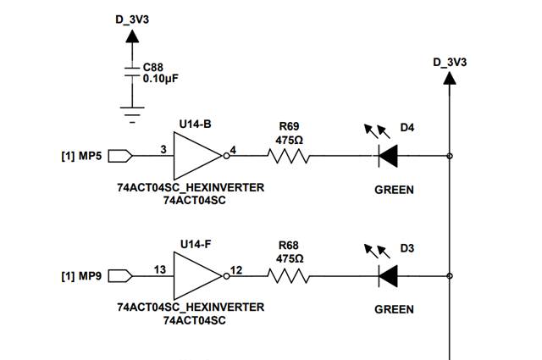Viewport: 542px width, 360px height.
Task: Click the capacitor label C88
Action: coord(152,67)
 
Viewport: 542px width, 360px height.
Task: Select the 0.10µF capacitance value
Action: coord(161,79)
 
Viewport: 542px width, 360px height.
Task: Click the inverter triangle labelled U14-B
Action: coord(197,156)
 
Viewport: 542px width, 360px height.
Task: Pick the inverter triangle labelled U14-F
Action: coord(197,276)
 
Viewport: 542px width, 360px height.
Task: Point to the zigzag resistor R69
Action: coord(289,156)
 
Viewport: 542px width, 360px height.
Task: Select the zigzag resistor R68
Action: coord(289,276)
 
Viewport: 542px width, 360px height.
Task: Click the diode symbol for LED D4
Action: coord(388,156)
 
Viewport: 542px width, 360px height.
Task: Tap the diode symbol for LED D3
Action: coord(388,276)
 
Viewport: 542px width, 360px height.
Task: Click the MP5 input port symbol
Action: coord(120,156)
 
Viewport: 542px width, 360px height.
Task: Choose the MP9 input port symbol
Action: coord(120,276)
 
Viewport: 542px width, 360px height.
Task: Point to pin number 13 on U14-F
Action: coord(160,269)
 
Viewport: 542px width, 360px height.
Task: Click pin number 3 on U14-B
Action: coord(163,149)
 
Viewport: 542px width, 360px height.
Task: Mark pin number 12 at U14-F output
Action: coord(236,270)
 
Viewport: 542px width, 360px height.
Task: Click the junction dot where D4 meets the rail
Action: coord(450,156)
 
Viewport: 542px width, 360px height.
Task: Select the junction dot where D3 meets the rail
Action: coord(450,276)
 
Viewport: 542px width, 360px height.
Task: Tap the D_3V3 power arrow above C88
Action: coord(132,36)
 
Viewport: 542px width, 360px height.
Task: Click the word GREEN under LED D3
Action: coord(394,309)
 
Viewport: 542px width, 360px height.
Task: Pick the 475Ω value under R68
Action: coord(290,258)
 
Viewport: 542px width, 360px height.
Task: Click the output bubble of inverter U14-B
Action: coord(226,156)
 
